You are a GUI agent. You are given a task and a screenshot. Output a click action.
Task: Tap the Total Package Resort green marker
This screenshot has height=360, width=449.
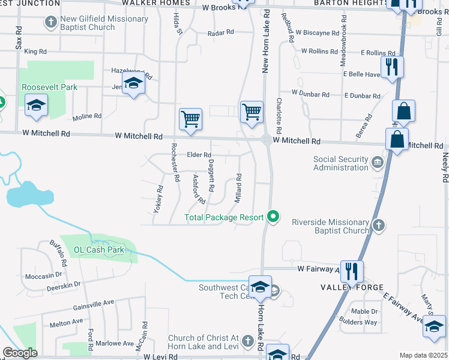[274, 217]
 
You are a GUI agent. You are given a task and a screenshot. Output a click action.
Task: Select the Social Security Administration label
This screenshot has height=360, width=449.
[341, 163]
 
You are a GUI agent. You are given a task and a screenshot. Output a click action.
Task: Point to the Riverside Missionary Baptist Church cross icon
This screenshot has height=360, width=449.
[378, 226]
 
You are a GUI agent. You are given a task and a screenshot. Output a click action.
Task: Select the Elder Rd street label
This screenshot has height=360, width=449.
[199, 155]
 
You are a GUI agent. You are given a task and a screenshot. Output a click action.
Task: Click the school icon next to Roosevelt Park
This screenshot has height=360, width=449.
[37, 106]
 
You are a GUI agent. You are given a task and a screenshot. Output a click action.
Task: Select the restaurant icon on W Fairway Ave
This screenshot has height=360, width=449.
[351, 271]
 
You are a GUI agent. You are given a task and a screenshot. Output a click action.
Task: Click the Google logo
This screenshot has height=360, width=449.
[20, 353]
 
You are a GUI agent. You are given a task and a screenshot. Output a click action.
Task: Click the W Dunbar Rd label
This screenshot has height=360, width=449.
[310, 94]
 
